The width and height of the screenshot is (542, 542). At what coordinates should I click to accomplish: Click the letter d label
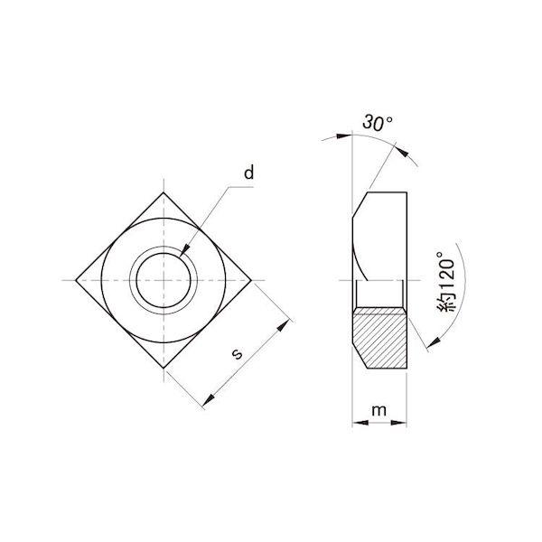(x=249, y=173)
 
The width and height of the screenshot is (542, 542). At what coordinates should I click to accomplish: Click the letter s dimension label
(x=237, y=353)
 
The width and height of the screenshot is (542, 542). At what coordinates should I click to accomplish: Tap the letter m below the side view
(x=378, y=410)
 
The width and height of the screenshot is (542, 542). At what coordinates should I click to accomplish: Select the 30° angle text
(x=378, y=123)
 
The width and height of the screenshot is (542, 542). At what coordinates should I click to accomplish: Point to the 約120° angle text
(x=446, y=282)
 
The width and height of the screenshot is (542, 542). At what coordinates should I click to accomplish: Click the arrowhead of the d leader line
(x=185, y=249)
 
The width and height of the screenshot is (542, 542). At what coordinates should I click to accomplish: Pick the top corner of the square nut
(x=164, y=192)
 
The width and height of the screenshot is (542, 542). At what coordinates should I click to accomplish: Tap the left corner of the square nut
(x=76, y=280)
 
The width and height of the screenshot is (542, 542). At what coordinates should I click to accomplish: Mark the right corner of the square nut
(x=251, y=280)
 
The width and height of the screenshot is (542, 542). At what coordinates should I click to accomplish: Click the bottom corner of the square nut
(x=164, y=369)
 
